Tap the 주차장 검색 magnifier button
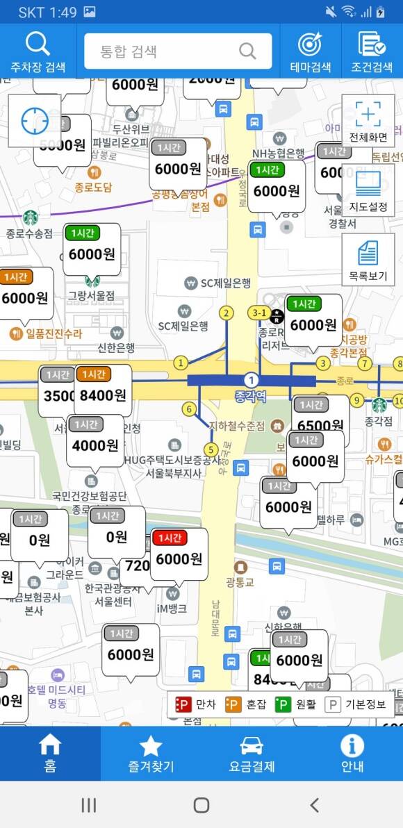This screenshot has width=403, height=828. click(38, 51)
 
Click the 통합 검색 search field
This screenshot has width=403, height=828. click(178, 51)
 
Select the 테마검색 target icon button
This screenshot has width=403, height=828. click(310, 51)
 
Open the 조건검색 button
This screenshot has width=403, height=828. click(372, 51)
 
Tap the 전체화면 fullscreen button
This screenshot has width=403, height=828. click(368, 121)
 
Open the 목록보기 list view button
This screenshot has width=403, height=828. click(368, 259)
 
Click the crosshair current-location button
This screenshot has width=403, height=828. click(35, 121)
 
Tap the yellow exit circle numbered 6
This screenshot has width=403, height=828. click(189, 409)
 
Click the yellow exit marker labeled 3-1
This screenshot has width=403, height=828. click(259, 313)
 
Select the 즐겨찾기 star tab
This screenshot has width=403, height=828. click(151, 754)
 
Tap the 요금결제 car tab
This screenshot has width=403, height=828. click(252, 754)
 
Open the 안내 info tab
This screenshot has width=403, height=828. click(352, 754)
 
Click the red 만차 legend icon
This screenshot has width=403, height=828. click(183, 704)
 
